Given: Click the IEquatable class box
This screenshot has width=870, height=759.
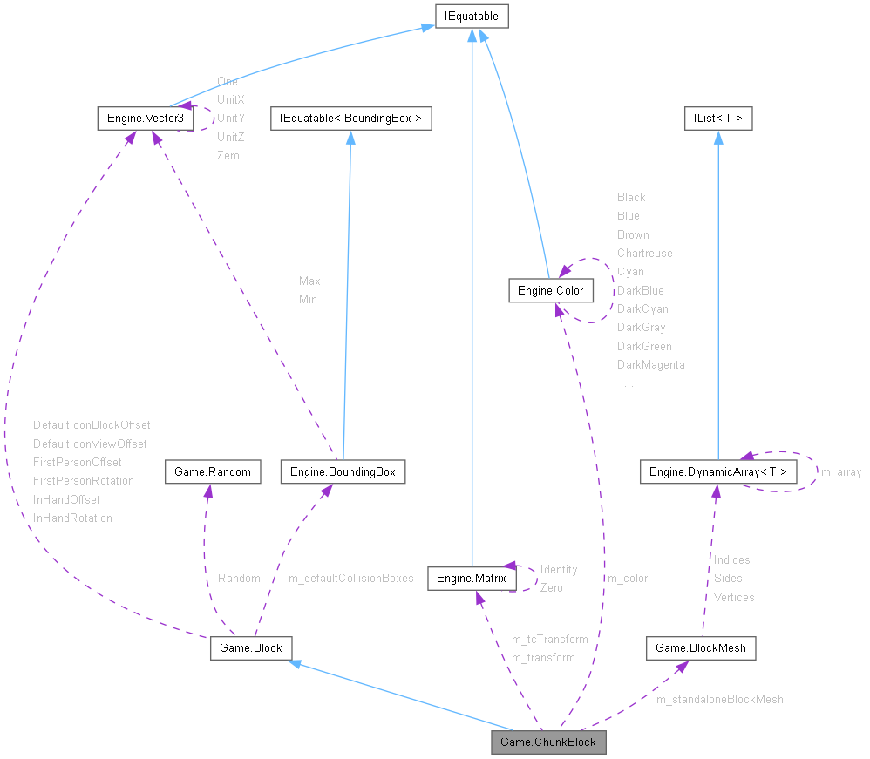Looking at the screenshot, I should (472, 16).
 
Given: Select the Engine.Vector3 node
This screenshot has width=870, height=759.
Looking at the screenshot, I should (145, 117).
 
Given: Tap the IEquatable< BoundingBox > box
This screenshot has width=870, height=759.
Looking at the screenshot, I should (350, 117).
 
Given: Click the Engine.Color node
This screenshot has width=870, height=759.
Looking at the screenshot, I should (551, 290).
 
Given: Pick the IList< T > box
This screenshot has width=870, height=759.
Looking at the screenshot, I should (717, 117).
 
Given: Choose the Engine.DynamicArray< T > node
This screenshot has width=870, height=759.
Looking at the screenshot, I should (718, 471).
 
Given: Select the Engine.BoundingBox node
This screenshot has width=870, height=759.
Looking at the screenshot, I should (343, 471).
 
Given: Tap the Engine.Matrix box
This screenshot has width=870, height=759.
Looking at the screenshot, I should (471, 577).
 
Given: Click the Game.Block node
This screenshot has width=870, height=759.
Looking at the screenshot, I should (251, 647).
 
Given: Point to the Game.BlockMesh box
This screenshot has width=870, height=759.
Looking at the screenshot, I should (701, 647).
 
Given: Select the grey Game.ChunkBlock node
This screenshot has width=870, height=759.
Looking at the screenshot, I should (548, 742).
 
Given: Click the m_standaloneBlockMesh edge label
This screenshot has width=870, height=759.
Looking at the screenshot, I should (719, 699).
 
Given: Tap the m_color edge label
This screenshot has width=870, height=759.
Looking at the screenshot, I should (628, 578).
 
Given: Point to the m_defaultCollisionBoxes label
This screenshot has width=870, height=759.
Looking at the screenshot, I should (350, 578).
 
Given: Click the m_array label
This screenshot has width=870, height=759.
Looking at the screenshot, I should (841, 471).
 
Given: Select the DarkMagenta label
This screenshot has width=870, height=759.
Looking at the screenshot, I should (650, 364).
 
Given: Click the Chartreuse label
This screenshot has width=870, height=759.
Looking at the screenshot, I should (644, 253).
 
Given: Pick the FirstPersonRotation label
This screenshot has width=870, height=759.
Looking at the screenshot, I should (84, 480).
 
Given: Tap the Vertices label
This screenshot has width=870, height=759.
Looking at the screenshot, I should (733, 597).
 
